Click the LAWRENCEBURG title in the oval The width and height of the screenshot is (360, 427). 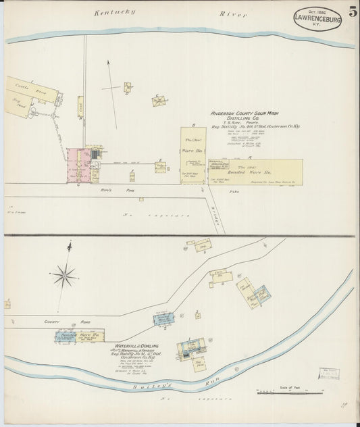[317, 19]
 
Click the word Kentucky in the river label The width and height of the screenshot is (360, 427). [115, 12]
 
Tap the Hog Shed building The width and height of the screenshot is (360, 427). [20, 108]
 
